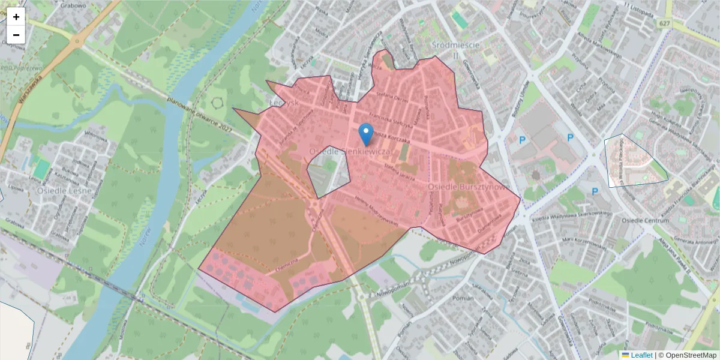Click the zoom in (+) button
(x=16, y=17)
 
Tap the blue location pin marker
(x=365, y=134)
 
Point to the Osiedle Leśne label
(x=64, y=190)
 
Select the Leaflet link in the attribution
(x=641, y=355)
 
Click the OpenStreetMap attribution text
(x=691, y=355)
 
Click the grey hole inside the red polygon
(x=329, y=171)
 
